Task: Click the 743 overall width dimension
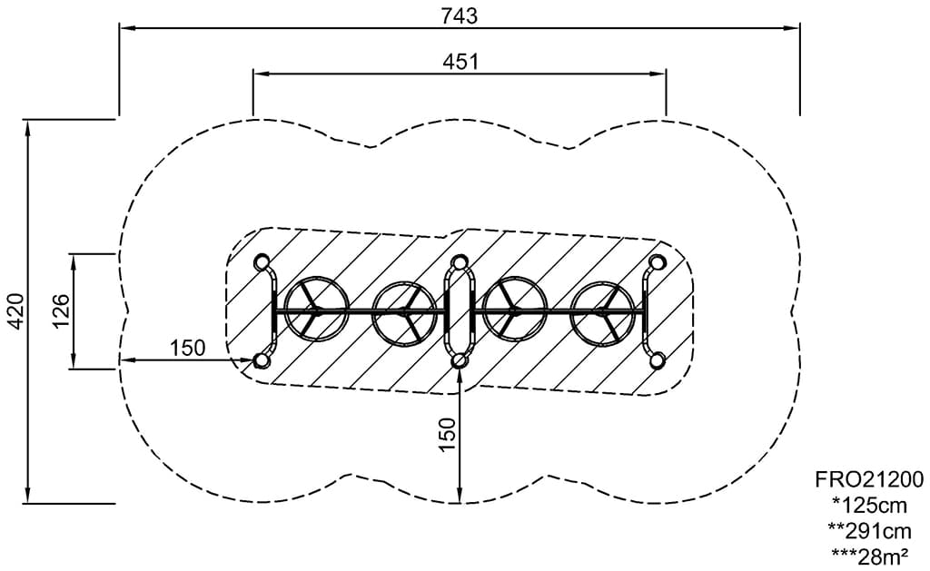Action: [x=459, y=16]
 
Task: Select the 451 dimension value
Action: [x=460, y=62]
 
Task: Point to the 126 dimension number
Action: [x=61, y=310]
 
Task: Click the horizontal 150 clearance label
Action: [x=187, y=348]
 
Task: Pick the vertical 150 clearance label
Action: [x=448, y=433]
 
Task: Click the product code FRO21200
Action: [x=869, y=478]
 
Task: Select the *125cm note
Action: [x=869, y=505]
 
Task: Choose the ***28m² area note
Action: [x=869, y=556]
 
